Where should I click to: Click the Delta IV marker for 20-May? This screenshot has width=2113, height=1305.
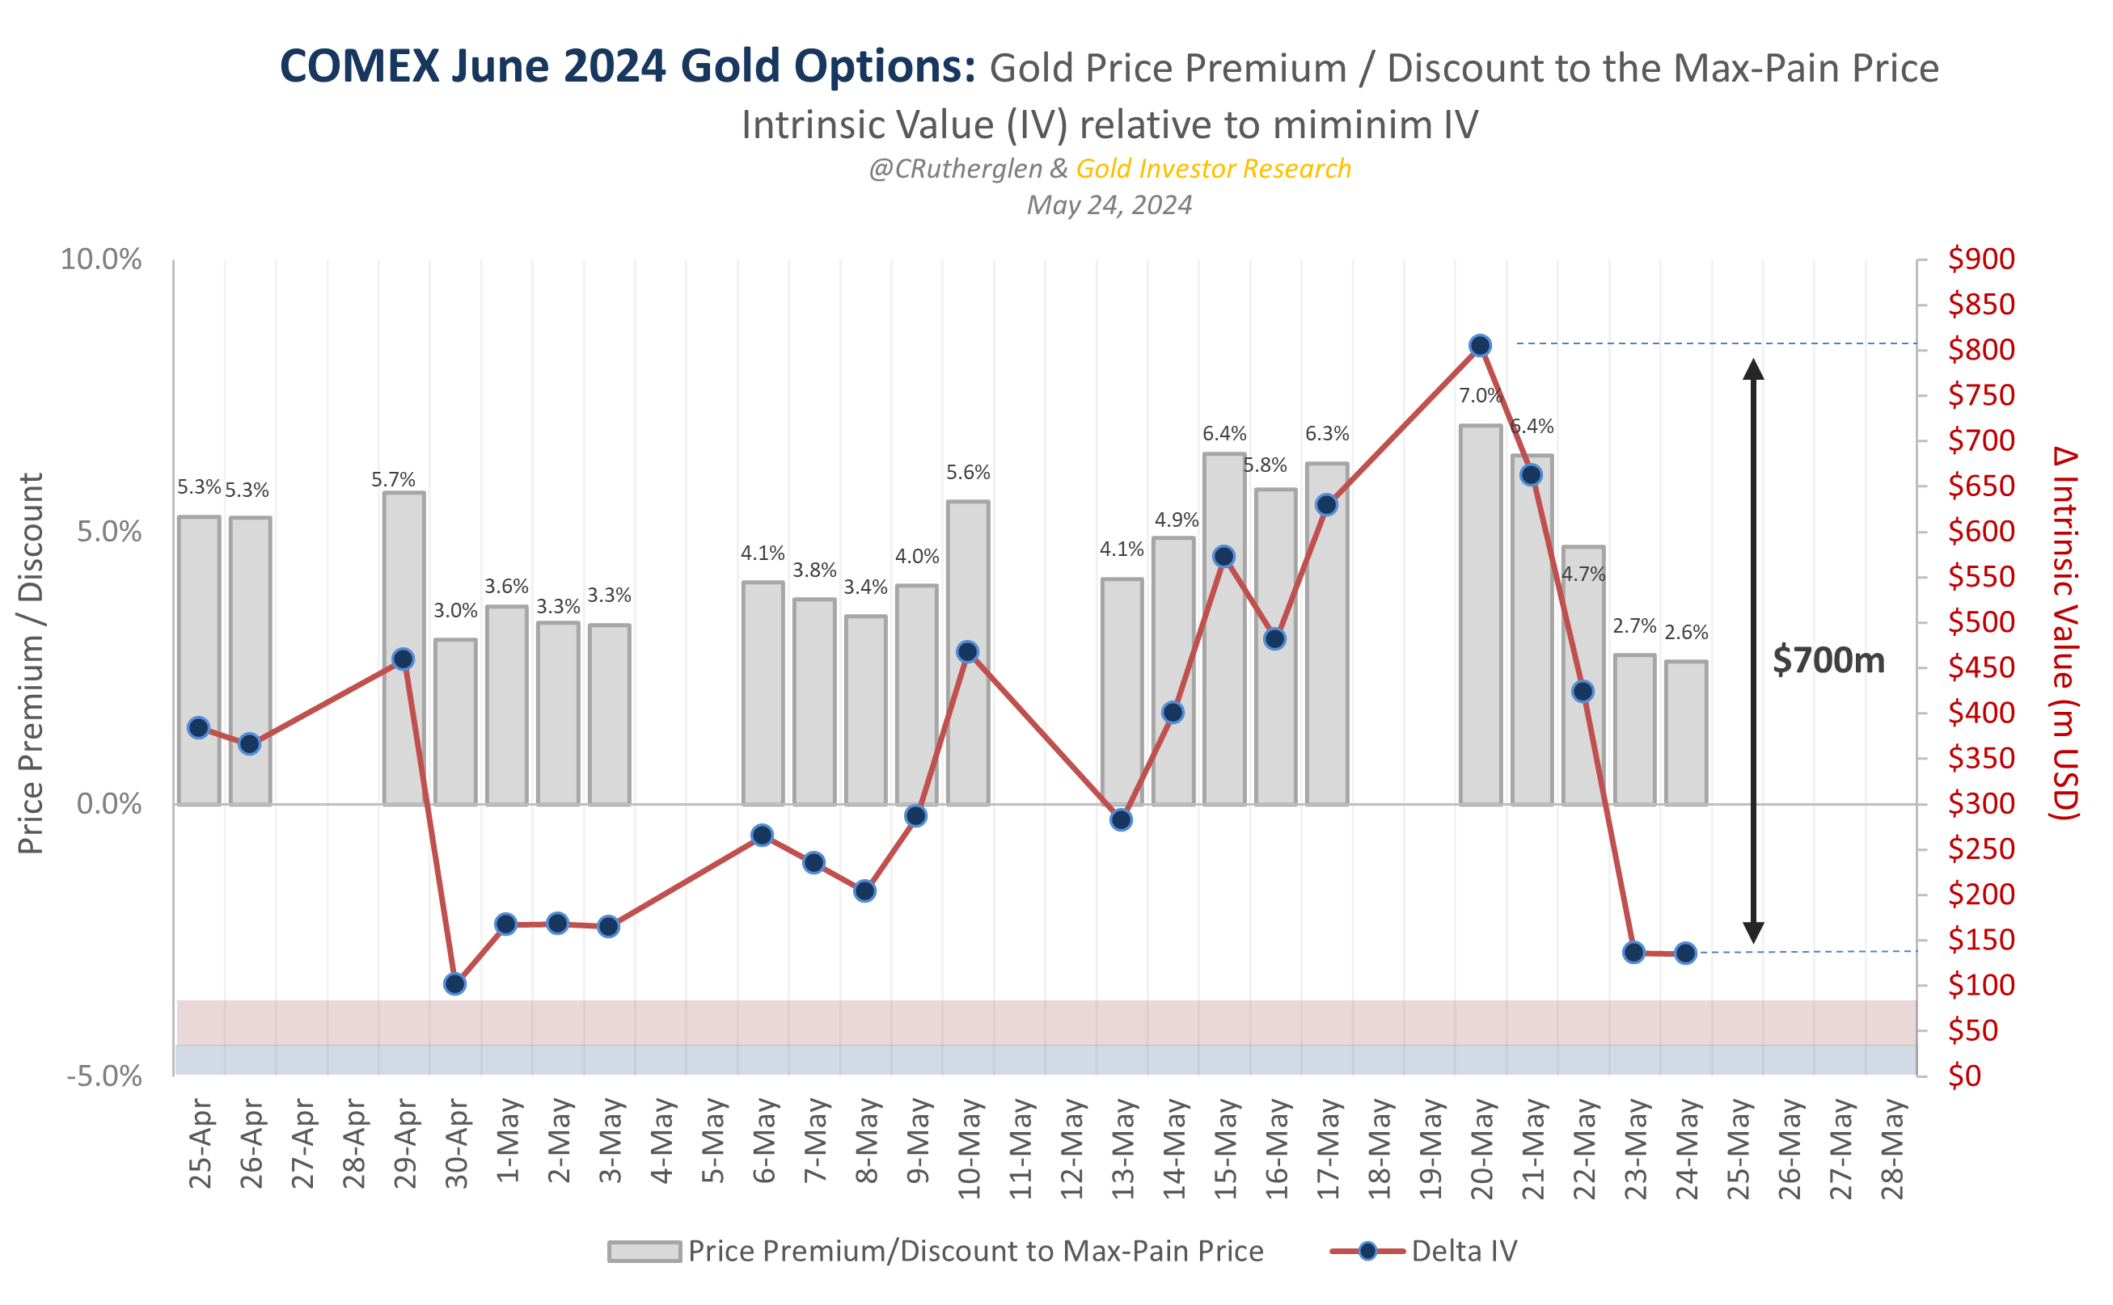pos(1479,345)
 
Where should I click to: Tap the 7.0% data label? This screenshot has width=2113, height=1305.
pos(1480,395)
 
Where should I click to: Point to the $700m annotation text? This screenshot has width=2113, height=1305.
pos(1828,660)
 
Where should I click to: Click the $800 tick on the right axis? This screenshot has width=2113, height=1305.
pos(1981,350)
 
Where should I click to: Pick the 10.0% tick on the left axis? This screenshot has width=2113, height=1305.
pos(100,259)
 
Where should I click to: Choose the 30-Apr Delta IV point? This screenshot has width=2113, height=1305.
pos(455,984)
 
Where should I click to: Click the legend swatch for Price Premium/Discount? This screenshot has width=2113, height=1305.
pos(644,1251)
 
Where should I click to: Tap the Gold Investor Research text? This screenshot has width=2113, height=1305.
pos(1212,168)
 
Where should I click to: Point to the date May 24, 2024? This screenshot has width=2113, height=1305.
pos(1109,204)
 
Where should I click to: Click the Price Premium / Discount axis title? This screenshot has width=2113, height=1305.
pos(31,663)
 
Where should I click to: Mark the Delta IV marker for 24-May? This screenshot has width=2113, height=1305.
pos(1684,953)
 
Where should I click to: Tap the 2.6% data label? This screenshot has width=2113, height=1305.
pos(1685,632)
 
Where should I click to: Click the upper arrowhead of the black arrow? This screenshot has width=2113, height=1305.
pos(1753,368)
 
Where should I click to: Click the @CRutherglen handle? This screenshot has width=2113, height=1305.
pos(955,168)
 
